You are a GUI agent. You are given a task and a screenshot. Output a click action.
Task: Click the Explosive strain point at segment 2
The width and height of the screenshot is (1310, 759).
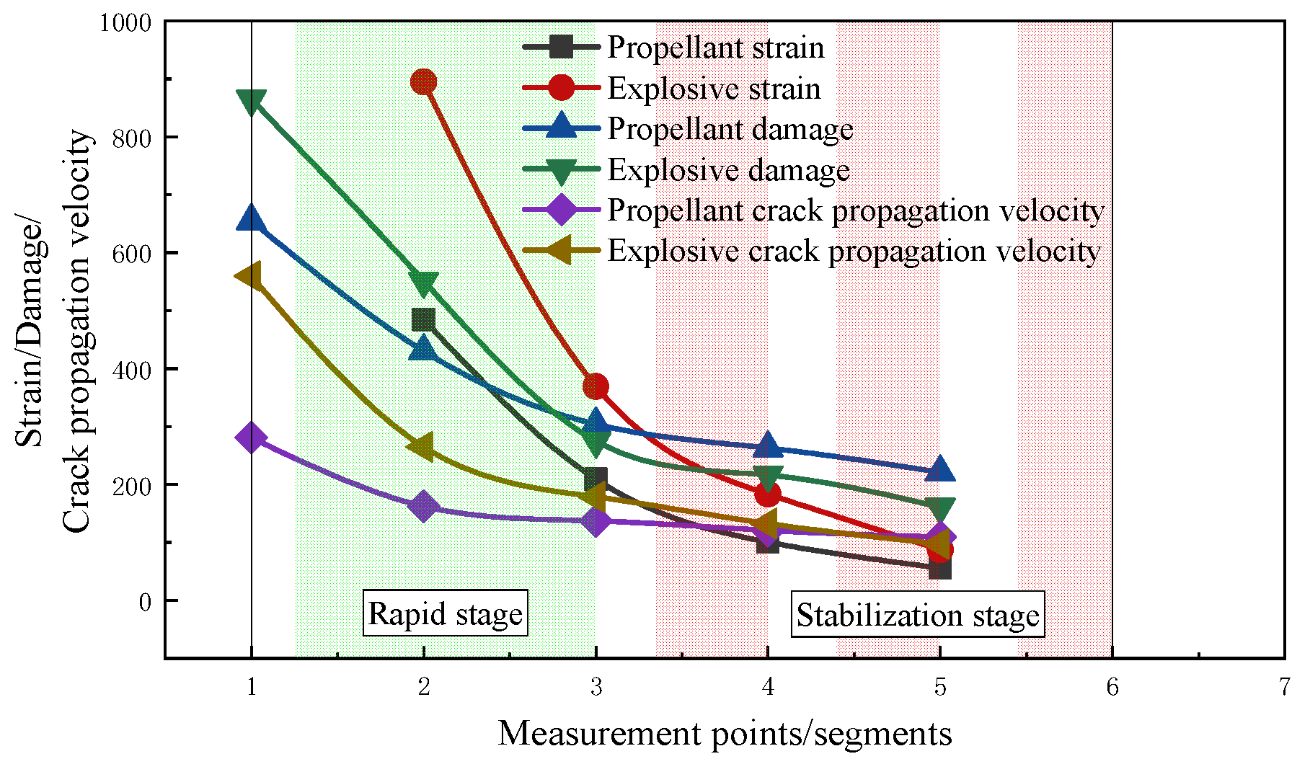click(423, 82)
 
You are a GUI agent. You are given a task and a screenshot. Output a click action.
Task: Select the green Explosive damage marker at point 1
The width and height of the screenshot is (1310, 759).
click(251, 102)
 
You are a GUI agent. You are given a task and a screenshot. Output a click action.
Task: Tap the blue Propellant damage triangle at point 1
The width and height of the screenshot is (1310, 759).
click(251, 217)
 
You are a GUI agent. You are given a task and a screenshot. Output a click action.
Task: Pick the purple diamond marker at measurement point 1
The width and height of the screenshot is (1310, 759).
click(251, 437)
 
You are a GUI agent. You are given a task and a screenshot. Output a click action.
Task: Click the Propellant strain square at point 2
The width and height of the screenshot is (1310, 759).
click(423, 319)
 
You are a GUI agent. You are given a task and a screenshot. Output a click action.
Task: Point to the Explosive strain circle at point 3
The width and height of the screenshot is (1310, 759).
click(596, 386)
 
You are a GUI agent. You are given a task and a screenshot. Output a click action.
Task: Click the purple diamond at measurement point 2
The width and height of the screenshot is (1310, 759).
click(423, 506)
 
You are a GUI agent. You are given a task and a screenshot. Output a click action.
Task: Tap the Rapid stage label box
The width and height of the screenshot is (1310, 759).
click(445, 613)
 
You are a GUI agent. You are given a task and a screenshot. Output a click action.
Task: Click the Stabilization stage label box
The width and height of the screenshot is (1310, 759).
click(917, 615)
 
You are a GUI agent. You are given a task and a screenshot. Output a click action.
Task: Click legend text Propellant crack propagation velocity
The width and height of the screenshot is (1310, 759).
click(856, 210)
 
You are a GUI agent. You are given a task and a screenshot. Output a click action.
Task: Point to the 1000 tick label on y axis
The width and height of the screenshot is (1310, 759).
click(125, 23)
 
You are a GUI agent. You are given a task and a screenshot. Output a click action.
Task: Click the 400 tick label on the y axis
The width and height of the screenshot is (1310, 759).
click(132, 370)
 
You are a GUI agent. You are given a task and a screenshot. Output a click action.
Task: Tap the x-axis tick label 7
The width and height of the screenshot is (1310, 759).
click(1284, 687)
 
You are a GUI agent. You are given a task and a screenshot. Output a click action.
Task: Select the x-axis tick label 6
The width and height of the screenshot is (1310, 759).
click(1112, 687)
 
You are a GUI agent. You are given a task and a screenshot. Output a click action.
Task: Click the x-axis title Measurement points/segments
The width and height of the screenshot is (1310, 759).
click(725, 734)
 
